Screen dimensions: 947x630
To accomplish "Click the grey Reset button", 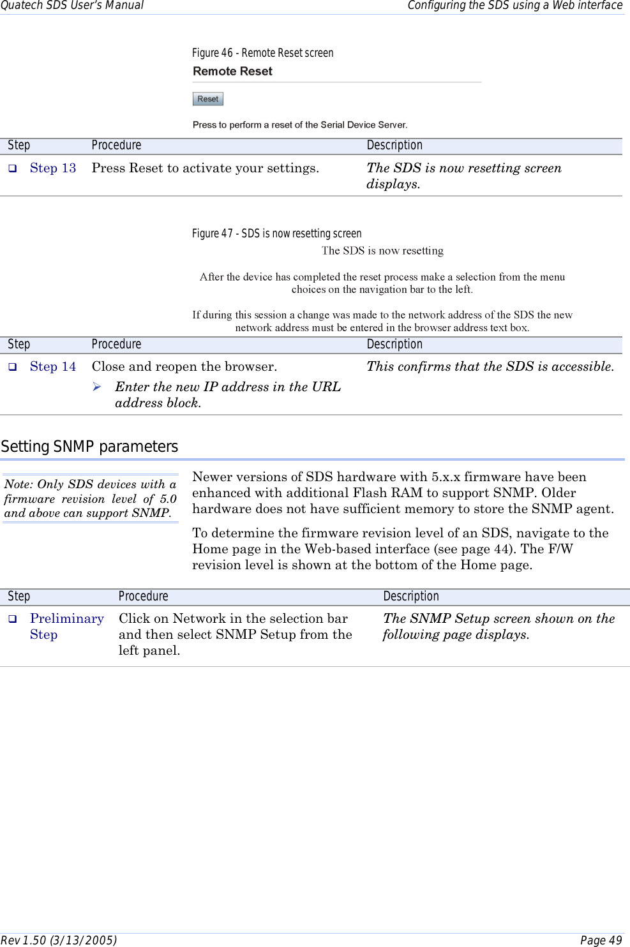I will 207,99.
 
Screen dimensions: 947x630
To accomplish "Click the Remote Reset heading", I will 232,71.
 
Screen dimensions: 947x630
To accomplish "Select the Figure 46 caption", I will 262,53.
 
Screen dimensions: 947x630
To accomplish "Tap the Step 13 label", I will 53,168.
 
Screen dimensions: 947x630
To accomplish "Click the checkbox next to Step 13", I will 12,168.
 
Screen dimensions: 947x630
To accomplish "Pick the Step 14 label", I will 53,367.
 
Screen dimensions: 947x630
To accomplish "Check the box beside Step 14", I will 12,367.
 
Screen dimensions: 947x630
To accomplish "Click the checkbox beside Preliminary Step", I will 12,619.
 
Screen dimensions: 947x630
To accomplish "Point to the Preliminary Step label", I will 66,626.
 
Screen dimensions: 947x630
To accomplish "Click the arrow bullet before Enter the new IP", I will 97,387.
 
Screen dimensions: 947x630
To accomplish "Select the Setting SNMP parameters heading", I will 89,447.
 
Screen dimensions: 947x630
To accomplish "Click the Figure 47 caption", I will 276,234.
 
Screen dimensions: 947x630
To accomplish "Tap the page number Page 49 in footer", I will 601,940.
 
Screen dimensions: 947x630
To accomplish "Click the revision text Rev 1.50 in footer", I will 59,940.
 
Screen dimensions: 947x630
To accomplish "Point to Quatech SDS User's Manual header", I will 72,6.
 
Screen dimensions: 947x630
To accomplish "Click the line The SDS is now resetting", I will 382,251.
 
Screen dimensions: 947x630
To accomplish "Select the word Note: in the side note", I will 19,484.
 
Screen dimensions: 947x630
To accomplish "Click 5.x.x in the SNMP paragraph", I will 446,477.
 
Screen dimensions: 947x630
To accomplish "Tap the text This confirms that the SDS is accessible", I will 490,367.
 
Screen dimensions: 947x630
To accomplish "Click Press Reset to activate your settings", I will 205,168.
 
